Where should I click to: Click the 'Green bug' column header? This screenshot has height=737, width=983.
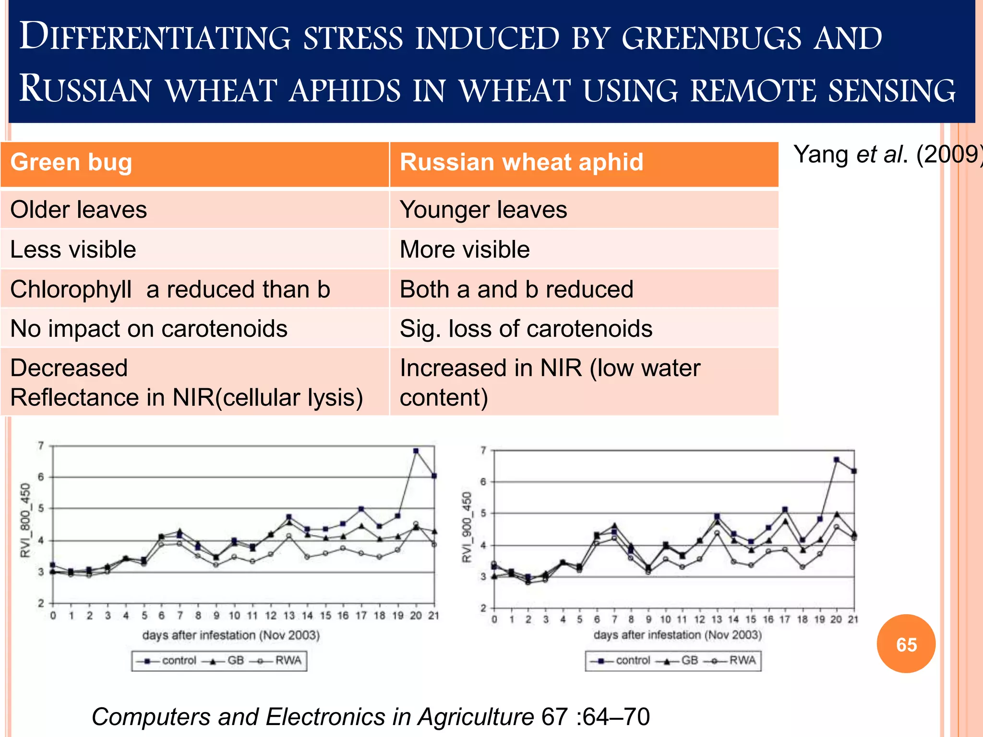coord(71,162)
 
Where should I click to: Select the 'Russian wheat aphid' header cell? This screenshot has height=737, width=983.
coord(521,162)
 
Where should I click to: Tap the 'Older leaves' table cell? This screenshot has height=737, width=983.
coord(79,210)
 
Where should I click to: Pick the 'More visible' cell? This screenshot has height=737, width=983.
coord(465,250)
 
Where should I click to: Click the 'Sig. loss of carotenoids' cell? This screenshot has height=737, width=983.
coord(526,329)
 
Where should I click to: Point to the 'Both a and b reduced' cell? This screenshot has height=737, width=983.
coord(516,289)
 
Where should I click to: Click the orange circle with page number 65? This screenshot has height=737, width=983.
coord(906,644)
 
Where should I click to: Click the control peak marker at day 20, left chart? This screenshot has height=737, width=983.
coord(416,451)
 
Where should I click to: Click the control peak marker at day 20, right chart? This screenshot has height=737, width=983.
coord(837,460)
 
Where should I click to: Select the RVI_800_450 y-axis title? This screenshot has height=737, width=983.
coord(25,520)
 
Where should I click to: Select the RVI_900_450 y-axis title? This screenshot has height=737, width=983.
coord(467,527)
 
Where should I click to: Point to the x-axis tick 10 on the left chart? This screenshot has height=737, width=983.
coord(234,616)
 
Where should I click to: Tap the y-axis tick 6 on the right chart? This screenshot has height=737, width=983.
coord(484,482)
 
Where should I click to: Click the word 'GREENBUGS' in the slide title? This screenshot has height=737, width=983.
coord(711,38)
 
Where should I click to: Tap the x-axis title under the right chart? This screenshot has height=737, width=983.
coord(677,635)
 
